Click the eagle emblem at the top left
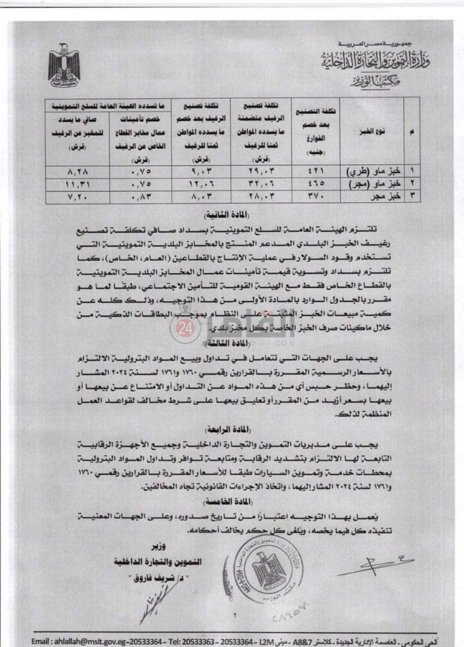(x=64, y=66)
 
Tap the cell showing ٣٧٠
(x=315, y=196)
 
